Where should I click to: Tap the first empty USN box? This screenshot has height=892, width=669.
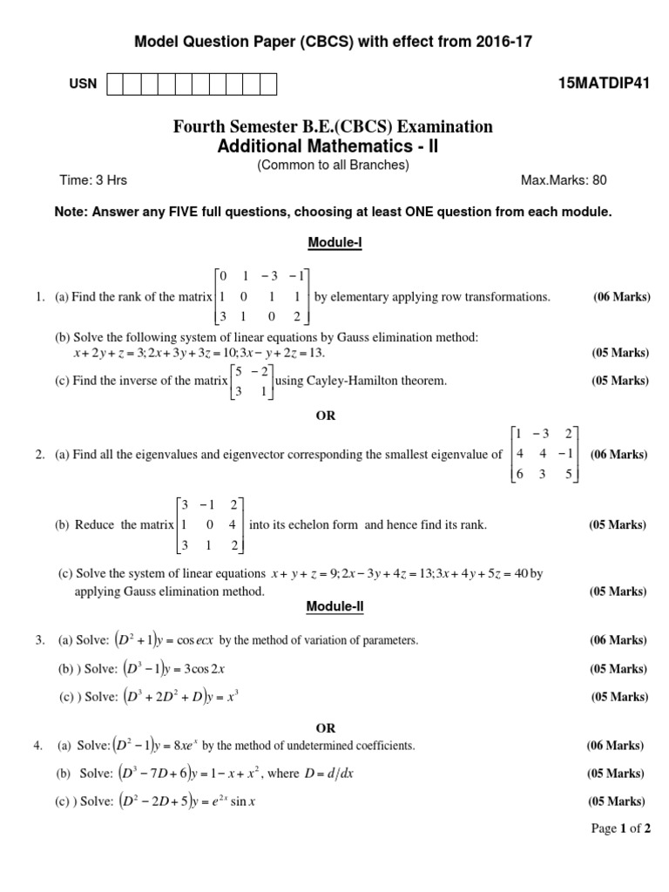113,84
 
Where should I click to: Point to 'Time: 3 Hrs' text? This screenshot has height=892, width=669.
93,180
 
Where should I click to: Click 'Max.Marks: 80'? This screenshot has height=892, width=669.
564,180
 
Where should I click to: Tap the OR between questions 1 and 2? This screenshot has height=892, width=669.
325,416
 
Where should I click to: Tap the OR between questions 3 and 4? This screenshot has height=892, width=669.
325,727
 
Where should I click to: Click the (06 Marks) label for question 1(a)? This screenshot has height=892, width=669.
622,297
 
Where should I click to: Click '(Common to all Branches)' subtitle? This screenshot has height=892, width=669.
333,164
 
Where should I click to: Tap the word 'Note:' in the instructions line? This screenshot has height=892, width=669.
72,212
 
